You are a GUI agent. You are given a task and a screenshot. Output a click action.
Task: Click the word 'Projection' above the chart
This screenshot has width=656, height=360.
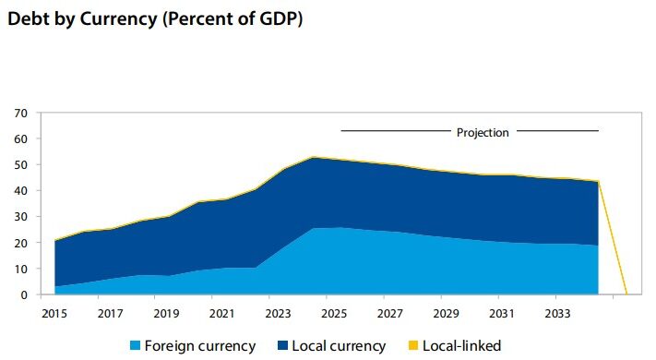(x=483, y=132)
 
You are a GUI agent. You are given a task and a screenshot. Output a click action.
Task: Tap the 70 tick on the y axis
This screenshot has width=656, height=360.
(x=21, y=114)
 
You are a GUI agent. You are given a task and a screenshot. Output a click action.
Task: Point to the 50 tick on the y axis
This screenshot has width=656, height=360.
(x=21, y=165)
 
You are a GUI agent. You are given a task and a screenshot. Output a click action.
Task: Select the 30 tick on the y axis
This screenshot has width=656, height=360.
(x=21, y=217)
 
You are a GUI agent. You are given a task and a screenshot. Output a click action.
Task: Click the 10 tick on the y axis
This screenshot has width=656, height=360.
(x=21, y=269)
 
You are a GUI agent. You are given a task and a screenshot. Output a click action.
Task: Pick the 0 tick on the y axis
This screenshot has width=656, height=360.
(x=24, y=294)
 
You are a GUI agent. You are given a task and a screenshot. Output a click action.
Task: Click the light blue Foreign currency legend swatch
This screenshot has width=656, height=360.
(x=135, y=346)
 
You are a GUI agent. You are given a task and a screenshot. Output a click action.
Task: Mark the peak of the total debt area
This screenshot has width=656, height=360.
(x=314, y=157)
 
